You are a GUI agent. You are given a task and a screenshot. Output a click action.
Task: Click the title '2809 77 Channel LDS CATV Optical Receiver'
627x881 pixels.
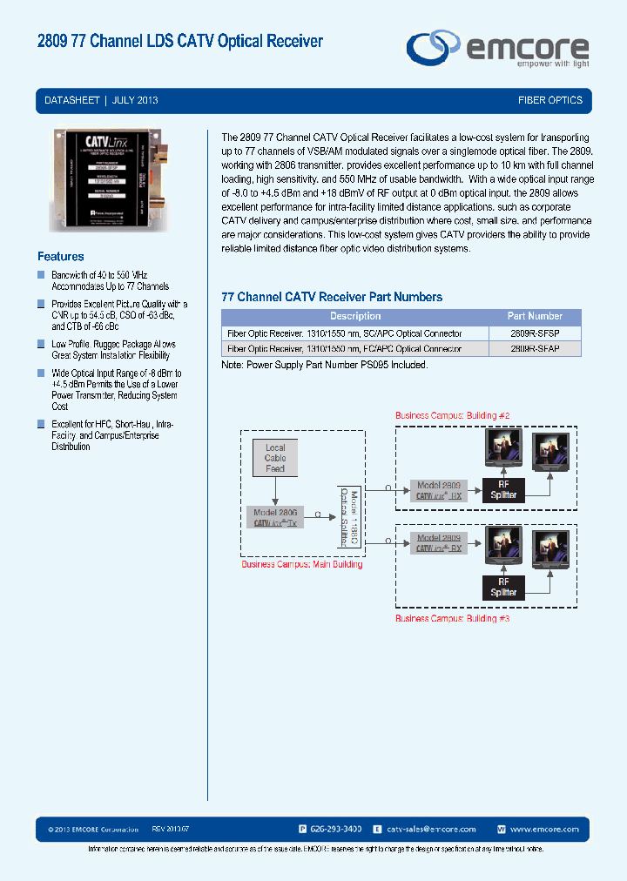pyautogui.click(x=180, y=41)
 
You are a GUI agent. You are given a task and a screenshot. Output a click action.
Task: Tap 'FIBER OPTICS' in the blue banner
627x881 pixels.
pyautogui.click(x=549, y=100)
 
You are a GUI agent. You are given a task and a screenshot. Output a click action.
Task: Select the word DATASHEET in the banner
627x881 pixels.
pyautogui.click(x=72, y=100)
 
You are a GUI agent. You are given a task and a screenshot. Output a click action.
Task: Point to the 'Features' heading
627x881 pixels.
pyautogui.click(x=61, y=257)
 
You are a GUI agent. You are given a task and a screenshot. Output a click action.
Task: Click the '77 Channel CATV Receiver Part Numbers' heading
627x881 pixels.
pyautogui.click(x=332, y=297)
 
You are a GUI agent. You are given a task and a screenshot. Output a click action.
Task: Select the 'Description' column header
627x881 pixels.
pyautogui.click(x=355, y=316)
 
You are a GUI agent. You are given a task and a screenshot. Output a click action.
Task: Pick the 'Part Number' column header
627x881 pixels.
pyautogui.click(x=535, y=316)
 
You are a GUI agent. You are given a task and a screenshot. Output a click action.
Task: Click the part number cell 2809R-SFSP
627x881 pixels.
pyautogui.click(x=535, y=333)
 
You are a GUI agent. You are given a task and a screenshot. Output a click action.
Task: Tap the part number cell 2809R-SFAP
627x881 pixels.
pyautogui.click(x=535, y=348)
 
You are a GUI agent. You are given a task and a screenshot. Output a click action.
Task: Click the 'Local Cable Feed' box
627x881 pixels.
pyautogui.click(x=275, y=458)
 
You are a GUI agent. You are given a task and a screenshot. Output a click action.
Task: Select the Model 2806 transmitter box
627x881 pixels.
pyautogui.click(x=276, y=518)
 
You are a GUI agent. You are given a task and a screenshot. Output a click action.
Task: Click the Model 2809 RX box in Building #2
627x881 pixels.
pyautogui.click(x=438, y=490)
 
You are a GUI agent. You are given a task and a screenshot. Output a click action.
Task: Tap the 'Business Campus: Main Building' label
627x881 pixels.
pyautogui.click(x=301, y=564)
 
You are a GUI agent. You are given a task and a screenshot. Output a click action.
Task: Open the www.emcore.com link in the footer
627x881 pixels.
pyautogui.click(x=544, y=829)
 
